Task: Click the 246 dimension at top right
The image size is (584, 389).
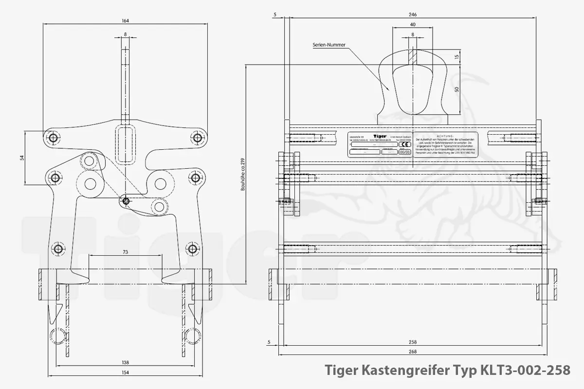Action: (x=413, y=15)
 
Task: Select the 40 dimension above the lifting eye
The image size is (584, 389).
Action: (x=413, y=24)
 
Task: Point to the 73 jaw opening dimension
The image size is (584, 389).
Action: (x=125, y=252)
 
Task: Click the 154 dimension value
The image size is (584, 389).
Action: (x=125, y=373)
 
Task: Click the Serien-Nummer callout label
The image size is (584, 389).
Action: (x=329, y=45)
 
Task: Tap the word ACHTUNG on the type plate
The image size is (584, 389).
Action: (x=445, y=135)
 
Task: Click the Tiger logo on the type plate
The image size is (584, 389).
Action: (x=380, y=136)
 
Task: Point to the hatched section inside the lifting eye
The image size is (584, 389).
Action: (x=413, y=55)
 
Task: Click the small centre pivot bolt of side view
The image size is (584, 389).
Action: (x=126, y=200)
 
